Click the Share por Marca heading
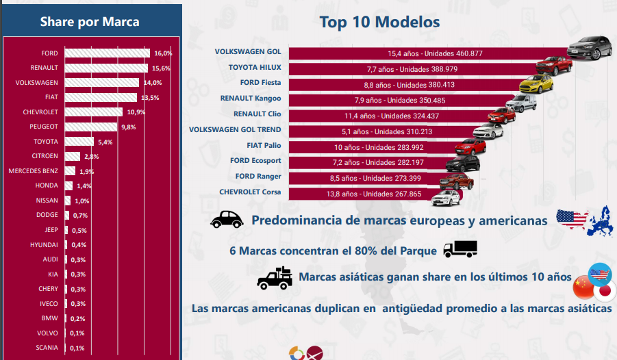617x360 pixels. point(90,21)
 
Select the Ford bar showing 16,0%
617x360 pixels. point(108,53)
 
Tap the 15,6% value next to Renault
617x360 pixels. point(161,68)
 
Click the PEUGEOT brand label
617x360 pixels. point(44,127)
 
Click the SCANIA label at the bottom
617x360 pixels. point(47,348)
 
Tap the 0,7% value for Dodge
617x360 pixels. point(81,216)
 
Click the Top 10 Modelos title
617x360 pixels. point(379,22)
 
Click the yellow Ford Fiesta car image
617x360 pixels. point(536,83)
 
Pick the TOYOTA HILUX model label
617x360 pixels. point(255,67)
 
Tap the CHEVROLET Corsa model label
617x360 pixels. point(250,192)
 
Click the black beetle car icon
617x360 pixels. point(227,219)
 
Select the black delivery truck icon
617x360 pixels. point(459,249)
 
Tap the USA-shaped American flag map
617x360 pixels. point(572,220)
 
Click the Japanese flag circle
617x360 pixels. point(604,292)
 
